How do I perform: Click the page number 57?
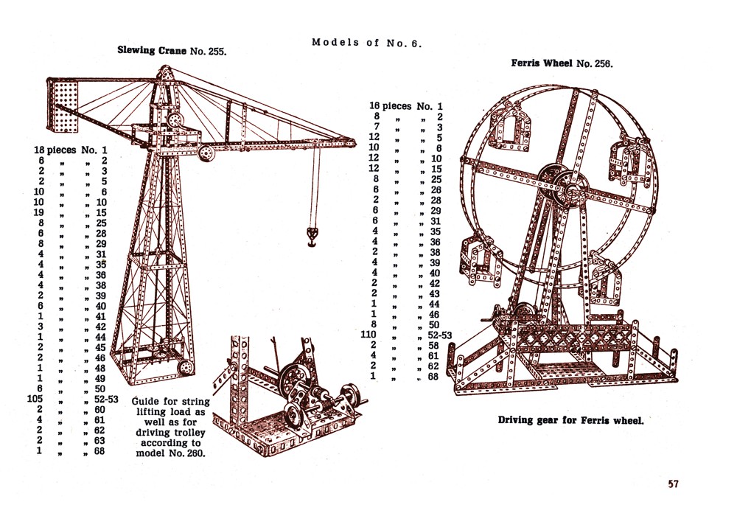click(x=673, y=484)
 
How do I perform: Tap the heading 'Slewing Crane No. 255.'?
click(x=171, y=51)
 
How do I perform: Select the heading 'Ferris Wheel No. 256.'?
click(x=562, y=63)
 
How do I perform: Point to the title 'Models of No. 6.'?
click(x=366, y=42)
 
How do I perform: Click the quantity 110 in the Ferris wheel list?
click(x=380, y=335)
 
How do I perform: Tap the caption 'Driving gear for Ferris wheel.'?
click(x=570, y=421)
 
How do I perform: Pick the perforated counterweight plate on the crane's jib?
click(x=63, y=106)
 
